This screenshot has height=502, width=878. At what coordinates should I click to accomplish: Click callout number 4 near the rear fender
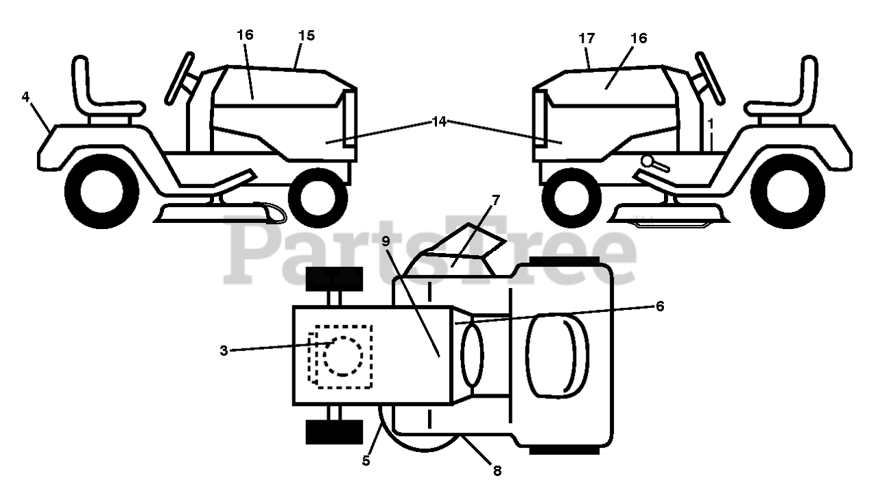[x=25, y=97]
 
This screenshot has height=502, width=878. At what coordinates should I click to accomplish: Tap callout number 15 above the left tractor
[x=307, y=36]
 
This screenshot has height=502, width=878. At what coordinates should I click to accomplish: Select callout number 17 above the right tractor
[x=586, y=38]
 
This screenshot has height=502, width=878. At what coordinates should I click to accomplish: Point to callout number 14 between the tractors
[x=439, y=122]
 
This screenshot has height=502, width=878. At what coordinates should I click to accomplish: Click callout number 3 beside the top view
[x=224, y=350]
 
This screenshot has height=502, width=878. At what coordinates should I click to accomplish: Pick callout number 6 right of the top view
[x=660, y=307]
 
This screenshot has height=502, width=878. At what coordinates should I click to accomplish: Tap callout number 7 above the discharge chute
[x=496, y=200]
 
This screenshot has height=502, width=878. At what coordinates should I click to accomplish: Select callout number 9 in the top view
[x=386, y=241]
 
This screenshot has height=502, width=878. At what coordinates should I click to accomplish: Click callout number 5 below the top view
[x=366, y=461]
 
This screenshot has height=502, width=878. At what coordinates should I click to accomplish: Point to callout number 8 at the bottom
[x=497, y=470]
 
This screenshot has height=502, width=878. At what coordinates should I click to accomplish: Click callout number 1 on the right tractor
[x=711, y=124]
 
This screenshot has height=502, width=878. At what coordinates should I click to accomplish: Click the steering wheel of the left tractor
[x=180, y=78]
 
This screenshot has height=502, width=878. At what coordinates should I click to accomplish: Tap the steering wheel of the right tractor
[x=710, y=78]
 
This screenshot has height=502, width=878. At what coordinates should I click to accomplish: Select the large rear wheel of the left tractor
[x=102, y=191]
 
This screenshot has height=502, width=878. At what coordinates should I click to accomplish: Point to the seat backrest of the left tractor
[x=82, y=84]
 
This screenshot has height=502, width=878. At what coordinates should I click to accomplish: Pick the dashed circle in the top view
[x=343, y=356]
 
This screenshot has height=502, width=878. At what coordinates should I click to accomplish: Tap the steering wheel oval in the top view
[x=472, y=356]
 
